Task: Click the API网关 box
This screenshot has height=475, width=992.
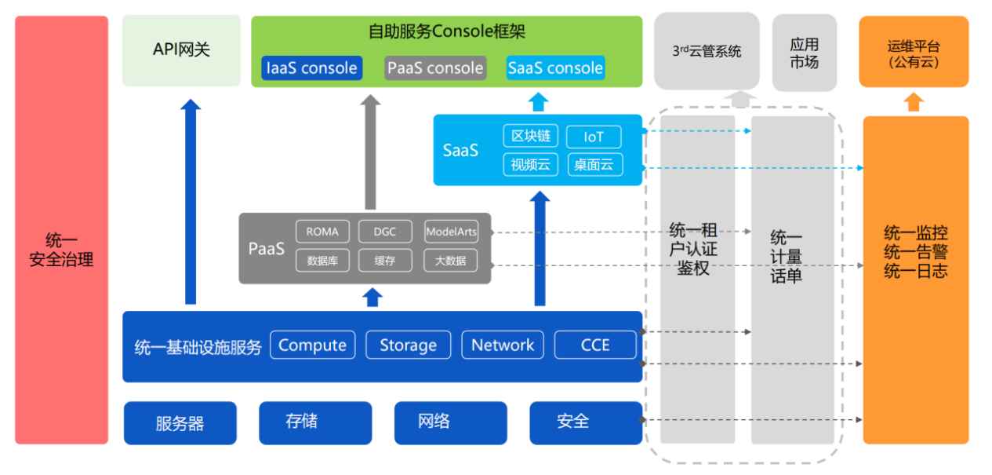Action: pos(181,50)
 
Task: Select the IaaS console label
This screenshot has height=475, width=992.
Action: pos(312,68)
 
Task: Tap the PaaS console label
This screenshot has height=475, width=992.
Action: pos(435,68)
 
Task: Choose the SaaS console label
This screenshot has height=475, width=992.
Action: pos(555,68)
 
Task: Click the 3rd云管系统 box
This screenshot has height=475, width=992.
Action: pos(707,51)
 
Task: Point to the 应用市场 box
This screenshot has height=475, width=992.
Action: pos(804,53)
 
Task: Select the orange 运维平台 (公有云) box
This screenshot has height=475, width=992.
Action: pos(914,52)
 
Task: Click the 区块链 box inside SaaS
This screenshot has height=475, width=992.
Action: pos(531,137)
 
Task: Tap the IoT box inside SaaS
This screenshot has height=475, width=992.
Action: pos(594,137)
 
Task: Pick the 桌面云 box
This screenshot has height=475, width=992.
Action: pos(594,164)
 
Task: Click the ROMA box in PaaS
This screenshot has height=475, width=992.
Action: pos(322,232)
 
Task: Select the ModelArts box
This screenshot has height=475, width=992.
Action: pos(451,232)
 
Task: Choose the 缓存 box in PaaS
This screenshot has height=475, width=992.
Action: pos(385,260)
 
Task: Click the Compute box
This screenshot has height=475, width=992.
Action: pos(312,345)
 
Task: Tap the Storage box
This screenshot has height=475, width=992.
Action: pos(408,345)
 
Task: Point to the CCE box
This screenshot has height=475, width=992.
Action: pos(595,345)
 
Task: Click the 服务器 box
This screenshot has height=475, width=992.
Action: pos(180,423)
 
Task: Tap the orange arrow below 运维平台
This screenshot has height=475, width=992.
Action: pos(914,102)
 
